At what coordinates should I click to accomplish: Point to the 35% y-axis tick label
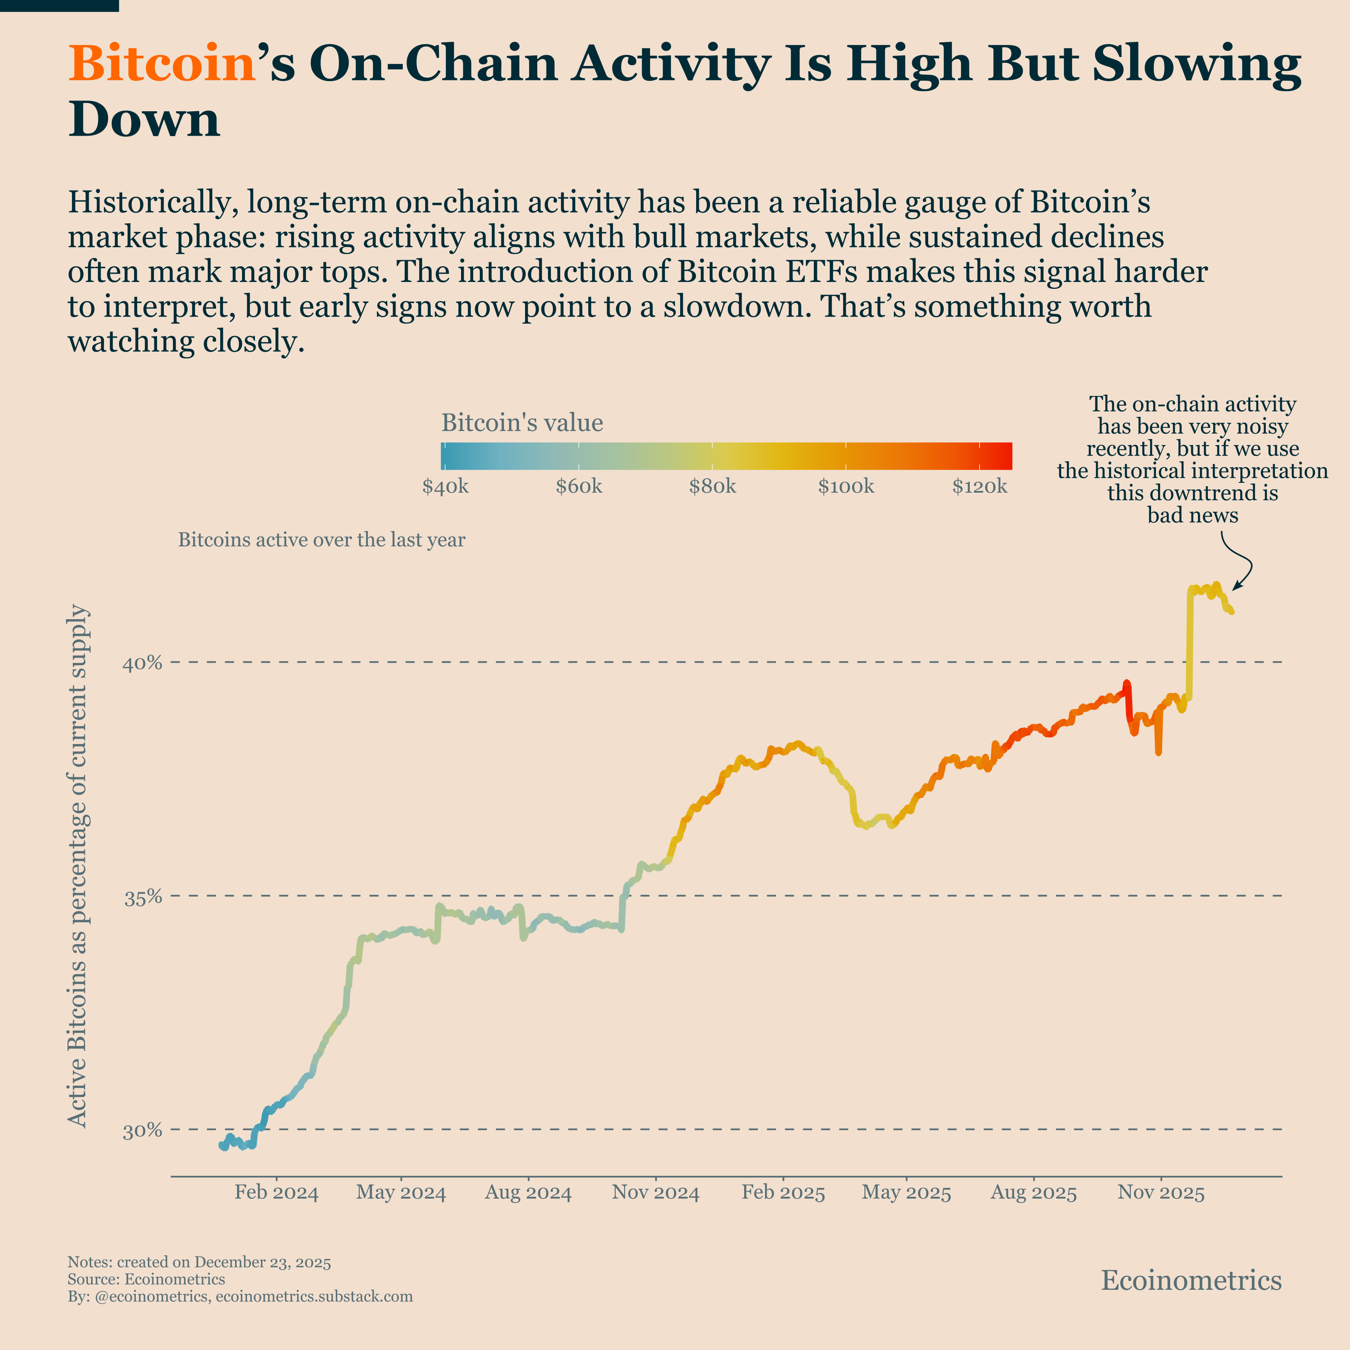tap(143, 897)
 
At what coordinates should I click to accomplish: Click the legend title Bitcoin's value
tap(522, 423)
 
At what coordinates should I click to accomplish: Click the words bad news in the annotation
tap(1192, 516)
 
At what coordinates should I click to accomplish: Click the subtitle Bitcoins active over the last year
tap(322, 540)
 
